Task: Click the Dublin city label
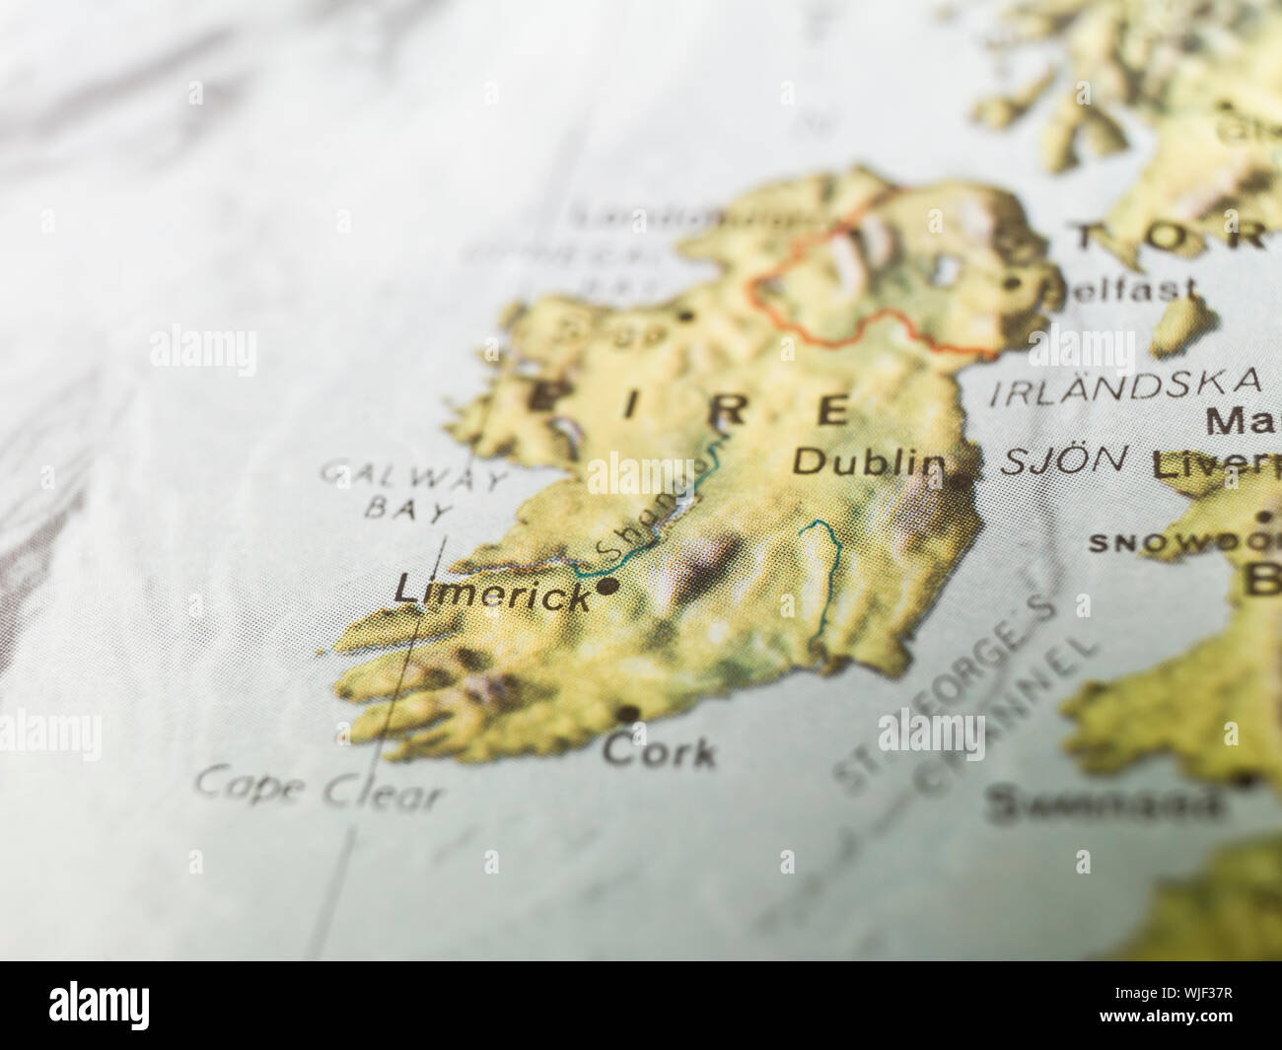point(864,462)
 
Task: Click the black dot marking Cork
point(629,713)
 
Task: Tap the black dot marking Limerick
point(608,587)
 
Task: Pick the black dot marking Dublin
point(960,481)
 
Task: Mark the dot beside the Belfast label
point(1013,284)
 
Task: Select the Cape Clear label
point(319,787)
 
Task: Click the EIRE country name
point(690,407)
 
